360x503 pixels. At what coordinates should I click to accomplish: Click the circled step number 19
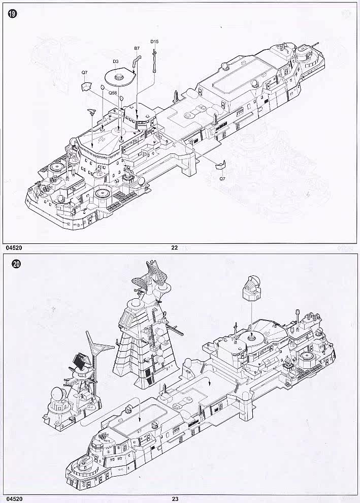click(x=13, y=14)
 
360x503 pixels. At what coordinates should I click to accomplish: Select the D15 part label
click(x=154, y=42)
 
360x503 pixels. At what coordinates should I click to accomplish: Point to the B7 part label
click(x=137, y=48)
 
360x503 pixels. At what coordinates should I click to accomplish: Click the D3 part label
click(x=115, y=61)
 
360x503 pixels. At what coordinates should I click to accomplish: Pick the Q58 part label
click(x=113, y=92)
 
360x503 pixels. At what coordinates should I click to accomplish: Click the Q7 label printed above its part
click(x=84, y=73)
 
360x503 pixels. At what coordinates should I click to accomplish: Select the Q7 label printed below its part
click(x=222, y=178)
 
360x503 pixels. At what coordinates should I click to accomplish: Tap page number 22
click(x=174, y=247)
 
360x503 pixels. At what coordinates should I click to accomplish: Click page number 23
click(x=175, y=499)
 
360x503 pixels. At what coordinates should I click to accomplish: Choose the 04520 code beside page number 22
click(x=14, y=247)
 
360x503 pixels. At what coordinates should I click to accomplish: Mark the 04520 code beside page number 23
click(x=14, y=499)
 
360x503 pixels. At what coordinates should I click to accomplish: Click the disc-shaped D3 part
click(x=120, y=77)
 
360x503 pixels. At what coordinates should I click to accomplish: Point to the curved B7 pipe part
click(x=137, y=61)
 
